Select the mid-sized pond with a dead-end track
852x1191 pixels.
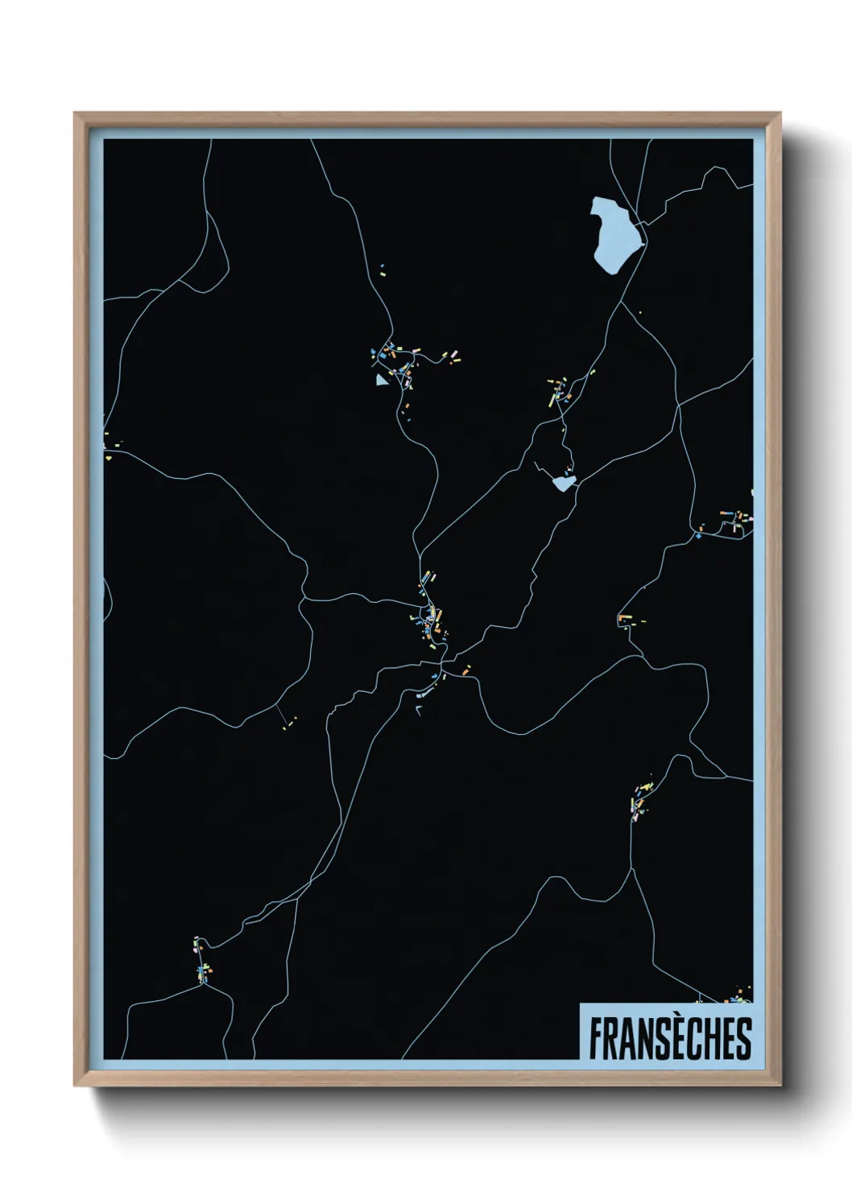point(564,483)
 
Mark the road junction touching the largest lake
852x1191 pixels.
point(641,225)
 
